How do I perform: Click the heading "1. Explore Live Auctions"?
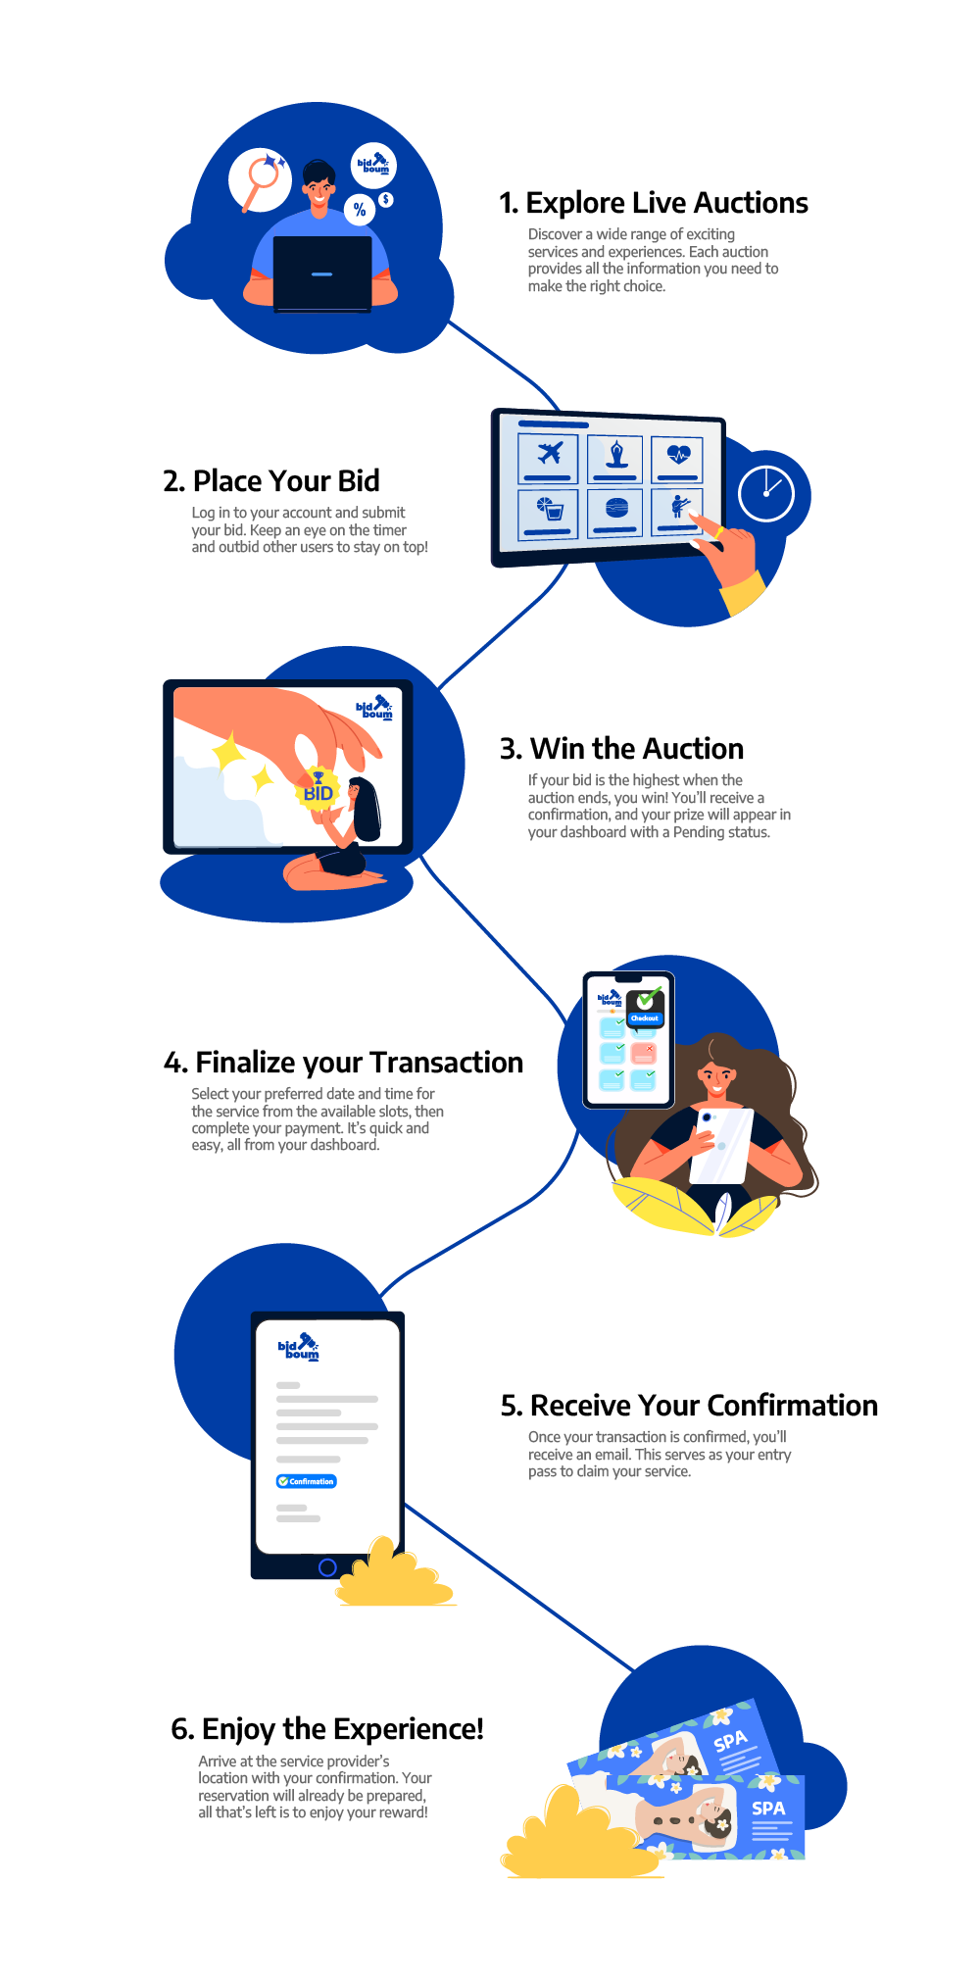pyautogui.click(x=654, y=203)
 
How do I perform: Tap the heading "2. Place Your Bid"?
pyautogui.click(x=271, y=481)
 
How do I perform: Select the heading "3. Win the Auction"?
pyautogui.click(x=621, y=749)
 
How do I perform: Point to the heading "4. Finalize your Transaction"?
pyautogui.click(x=343, y=1063)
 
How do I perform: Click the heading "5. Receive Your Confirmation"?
pyautogui.click(x=689, y=1406)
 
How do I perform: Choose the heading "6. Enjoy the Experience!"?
pyautogui.click(x=327, y=1729)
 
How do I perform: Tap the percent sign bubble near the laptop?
pyautogui.click(x=360, y=209)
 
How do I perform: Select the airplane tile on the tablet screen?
pyautogui.click(x=549, y=455)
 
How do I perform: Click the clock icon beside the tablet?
pyautogui.click(x=765, y=493)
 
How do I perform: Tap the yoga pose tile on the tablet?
pyautogui.click(x=615, y=456)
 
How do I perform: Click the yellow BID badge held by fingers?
pyautogui.click(x=318, y=790)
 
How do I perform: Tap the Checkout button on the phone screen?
pyautogui.click(x=645, y=1018)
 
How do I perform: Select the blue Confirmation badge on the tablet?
pyautogui.click(x=307, y=1481)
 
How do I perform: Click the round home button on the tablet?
pyautogui.click(x=327, y=1567)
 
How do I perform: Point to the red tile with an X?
pyautogui.click(x=643, y=1053)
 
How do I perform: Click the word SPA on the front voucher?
pyautogui.click(x=768, y=1809)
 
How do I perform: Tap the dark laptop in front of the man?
pyautogui.click(x=322, y=273)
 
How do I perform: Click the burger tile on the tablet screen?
pyautogui.click(x=615, y=509)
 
